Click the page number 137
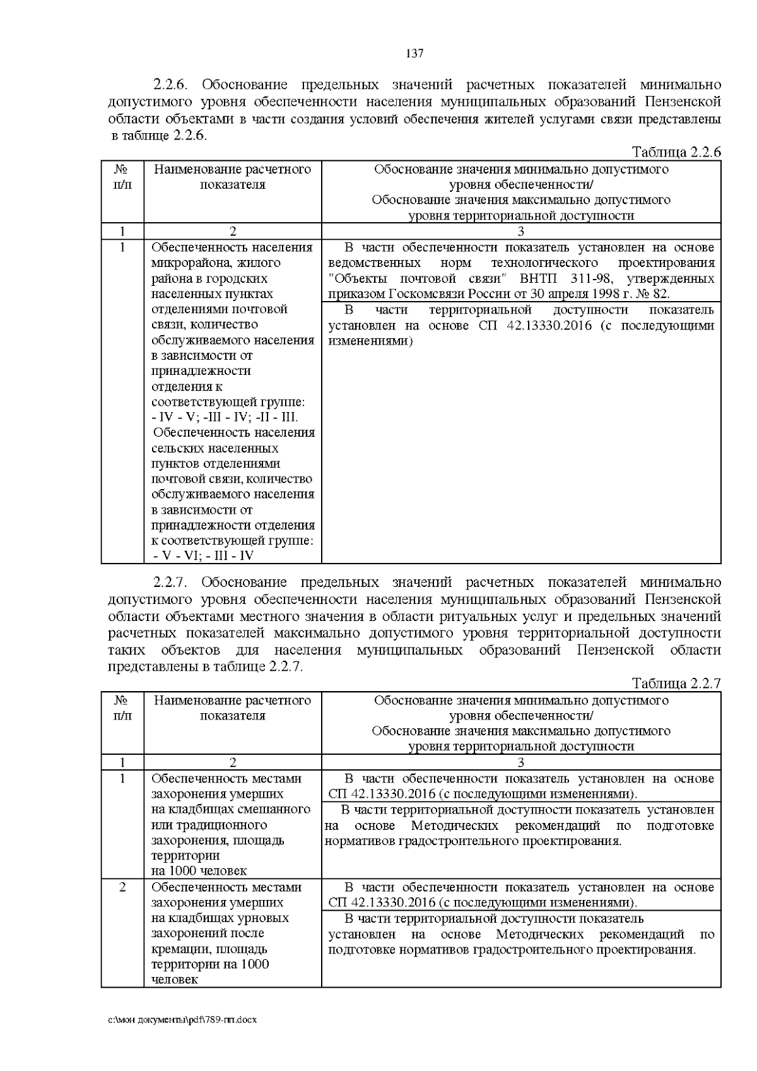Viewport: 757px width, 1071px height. tap(414, 53)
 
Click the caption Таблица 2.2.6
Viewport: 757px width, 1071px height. tap(676, 152)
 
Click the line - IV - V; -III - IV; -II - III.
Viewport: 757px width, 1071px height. tap(225, 417)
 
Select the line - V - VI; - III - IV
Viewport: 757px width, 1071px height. tap(204, 555)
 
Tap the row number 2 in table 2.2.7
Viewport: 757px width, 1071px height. tap(122, 887)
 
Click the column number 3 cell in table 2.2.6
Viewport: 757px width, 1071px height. tap(520, 231)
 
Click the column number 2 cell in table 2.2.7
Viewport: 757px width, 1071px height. tap(232, 762)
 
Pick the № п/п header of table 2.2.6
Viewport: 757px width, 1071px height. tap(122, 177)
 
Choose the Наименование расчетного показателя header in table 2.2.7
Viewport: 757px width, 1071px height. tap(232, 708)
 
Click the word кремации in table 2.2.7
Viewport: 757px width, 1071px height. tap(177, 949)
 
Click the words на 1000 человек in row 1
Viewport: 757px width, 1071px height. tap(199, 871)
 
